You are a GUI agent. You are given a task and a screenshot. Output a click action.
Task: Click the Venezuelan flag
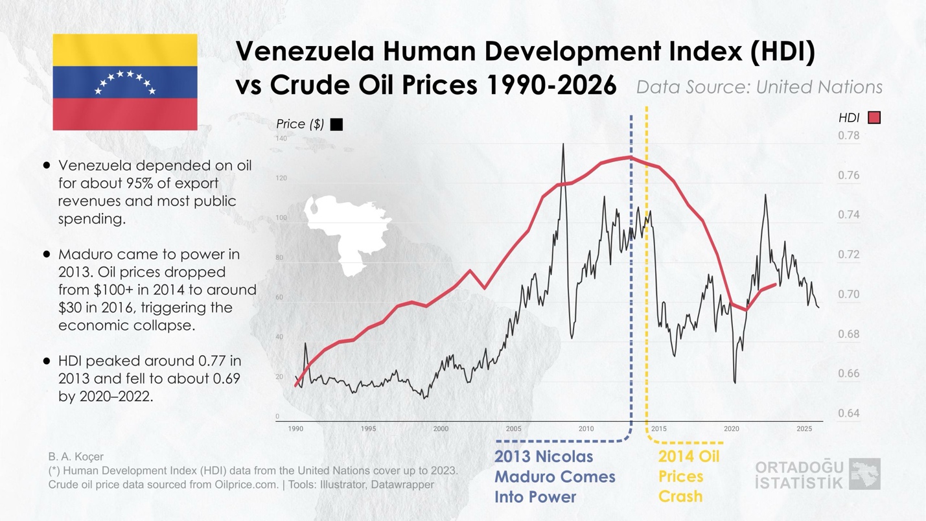[125, 82]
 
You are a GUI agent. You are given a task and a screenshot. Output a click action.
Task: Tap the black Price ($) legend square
[336, 124]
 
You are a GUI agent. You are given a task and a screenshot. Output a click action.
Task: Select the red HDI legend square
[874, 117]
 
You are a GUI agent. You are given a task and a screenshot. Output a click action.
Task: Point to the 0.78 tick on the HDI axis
[848, 135]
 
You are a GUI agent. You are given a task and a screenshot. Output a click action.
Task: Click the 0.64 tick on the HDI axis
[848, 413]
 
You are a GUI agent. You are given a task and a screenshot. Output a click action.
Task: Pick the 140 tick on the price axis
[281, 139]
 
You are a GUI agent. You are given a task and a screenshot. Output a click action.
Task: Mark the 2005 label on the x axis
[513, 429]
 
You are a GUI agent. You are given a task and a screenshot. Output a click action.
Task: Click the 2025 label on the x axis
[804, 429]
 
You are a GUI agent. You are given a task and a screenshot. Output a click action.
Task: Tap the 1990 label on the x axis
[295, 429]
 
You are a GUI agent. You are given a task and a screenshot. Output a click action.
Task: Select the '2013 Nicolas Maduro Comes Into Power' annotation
[555, 476]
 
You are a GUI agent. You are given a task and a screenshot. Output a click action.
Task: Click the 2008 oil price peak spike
[562, 145]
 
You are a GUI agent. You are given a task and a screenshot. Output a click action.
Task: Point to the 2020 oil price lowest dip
[734, 382]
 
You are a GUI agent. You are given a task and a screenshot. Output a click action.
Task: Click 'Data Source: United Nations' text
[759, 87]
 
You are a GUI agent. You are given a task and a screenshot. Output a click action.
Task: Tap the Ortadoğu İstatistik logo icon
[864, 474]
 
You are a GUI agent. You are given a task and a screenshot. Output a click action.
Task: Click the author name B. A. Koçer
[76, 457]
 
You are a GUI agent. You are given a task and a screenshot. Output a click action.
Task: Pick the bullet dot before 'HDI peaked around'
[47, 361]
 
